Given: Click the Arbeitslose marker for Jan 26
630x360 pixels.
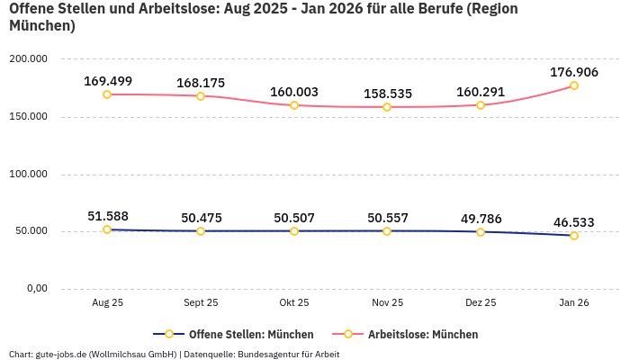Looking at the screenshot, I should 574,85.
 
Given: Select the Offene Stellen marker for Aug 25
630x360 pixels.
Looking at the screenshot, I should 107,229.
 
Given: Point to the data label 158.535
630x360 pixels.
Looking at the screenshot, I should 387,94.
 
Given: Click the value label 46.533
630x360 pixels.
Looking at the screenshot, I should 574,222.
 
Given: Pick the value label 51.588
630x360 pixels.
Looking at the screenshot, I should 107,216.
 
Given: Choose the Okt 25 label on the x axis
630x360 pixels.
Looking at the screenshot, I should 294,303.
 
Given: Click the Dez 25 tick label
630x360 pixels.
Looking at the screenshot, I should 481,303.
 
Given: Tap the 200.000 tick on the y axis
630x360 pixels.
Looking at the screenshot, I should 29,59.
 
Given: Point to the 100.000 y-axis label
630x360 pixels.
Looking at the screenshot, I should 29,174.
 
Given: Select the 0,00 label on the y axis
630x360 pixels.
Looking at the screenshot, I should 36,289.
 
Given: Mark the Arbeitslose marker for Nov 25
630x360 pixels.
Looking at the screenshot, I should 387,107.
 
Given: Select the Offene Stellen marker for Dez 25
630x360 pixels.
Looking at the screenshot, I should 481,232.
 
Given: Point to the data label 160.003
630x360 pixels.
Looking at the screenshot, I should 294,92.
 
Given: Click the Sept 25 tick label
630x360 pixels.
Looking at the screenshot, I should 201,303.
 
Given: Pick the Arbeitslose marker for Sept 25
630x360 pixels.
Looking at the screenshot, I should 201,95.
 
